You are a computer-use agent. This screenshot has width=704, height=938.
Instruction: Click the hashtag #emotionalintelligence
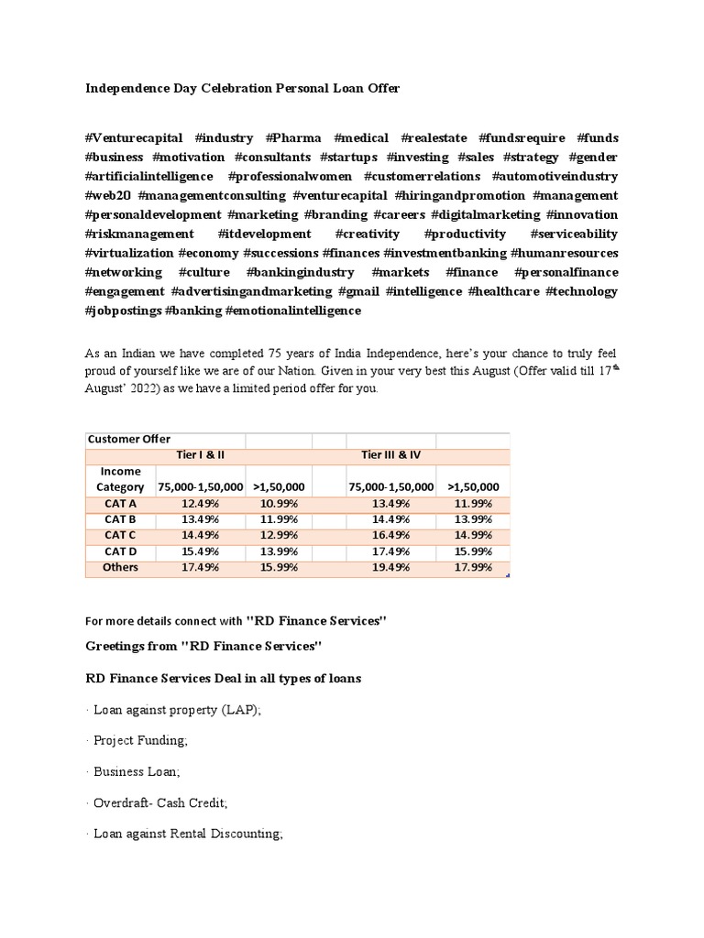coord(292,311)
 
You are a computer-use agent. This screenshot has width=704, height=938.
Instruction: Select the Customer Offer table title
coord(129,439)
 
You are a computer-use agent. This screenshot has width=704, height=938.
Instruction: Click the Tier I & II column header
coord(200,455)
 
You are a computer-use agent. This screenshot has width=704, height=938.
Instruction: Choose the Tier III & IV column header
coord(391,455)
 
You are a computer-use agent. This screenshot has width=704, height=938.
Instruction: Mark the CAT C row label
coord(120,535)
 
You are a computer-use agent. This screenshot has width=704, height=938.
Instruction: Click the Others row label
coord(120,568)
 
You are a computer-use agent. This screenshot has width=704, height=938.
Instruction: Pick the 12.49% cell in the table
coord(201,503)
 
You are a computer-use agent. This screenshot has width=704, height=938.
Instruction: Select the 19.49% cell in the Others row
coord(391,568)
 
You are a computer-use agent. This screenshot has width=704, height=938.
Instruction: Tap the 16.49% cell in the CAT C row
coord(391,535)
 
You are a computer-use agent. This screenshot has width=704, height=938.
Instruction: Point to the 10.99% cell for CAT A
coord(279,503)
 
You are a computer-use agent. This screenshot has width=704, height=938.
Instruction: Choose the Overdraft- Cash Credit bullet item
coord(160,802)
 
